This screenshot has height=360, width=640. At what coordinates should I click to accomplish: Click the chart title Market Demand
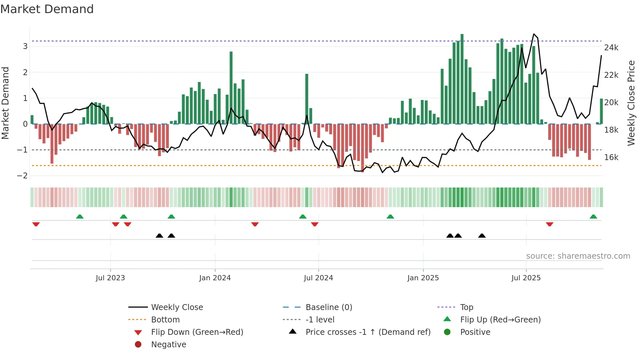click(47, 9)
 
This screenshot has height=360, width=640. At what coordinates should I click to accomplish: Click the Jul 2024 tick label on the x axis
click(318, 278)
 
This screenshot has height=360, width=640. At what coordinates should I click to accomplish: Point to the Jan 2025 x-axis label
click(423, 278)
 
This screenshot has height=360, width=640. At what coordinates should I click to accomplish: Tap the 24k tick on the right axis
click(611, 48)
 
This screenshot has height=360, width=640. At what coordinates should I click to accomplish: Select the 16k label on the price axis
click(611, 157)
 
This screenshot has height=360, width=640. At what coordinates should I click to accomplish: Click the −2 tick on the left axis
click(22, 176)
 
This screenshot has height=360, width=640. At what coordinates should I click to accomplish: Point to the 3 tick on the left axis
click(25, 46)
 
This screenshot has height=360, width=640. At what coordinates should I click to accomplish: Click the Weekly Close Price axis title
click(631, 103)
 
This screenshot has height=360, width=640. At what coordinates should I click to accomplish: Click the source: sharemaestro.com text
click(578, 256)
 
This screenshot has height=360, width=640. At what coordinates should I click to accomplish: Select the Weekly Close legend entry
click(177, 307)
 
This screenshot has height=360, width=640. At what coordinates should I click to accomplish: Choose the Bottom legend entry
click(165, 320)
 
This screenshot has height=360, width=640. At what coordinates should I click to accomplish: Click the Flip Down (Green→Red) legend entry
click(197, 332)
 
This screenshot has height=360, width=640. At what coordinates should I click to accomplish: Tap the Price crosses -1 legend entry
click(368, 332)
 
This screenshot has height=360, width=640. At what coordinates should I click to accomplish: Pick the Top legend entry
click(466, 307)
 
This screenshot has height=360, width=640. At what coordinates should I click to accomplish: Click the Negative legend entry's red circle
click(138, 345)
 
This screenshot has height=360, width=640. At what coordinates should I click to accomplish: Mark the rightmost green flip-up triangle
click(593, 217)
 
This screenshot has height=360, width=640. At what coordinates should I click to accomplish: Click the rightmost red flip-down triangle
click(550, 224)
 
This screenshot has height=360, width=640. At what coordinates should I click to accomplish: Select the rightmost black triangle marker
click(482, 236)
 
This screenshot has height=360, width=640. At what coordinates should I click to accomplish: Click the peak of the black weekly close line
click(534, 34)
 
